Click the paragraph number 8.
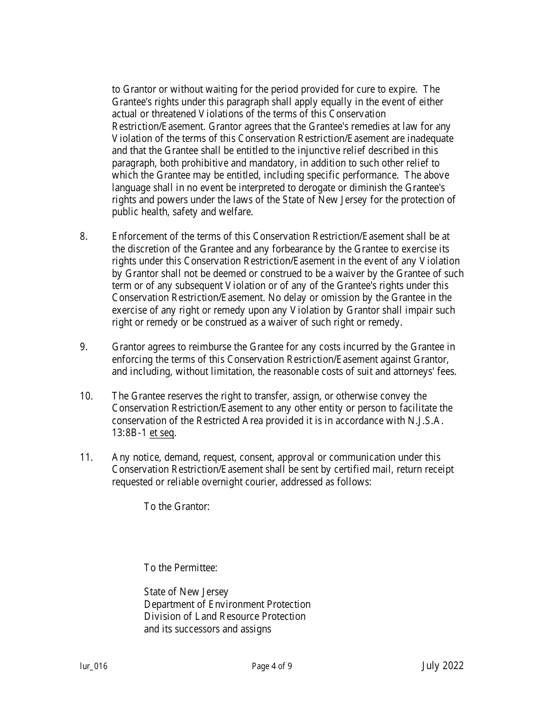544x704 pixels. pos(84,236)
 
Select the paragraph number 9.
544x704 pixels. pos(84,347)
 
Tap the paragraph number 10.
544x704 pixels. pos(86,396)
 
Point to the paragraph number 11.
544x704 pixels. pos(86,457)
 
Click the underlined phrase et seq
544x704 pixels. pos(162,433)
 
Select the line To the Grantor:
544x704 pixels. pos(176,507)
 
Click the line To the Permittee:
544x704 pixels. pos(180,568)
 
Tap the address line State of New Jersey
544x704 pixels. pos(186,592)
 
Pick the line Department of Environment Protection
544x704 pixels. pos(227,604)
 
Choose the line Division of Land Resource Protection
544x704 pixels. pos(224,616)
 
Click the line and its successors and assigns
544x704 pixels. pos(207,629)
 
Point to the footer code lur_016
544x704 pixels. pos(93,666)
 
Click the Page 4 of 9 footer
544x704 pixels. pos(272,666)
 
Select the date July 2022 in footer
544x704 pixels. pos(443,666)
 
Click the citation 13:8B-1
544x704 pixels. pos(129,433)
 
